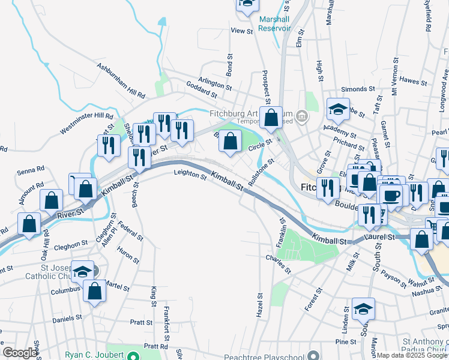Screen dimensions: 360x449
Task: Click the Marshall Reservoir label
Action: pos(274,23)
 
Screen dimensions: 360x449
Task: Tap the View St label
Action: pos(242,31)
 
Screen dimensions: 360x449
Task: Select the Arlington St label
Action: pos(215,85)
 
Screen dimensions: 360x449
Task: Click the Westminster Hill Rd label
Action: pos(86,123)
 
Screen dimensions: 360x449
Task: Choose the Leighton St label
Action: pos(190,175)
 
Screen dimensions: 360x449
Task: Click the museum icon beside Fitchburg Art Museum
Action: pos(302,116)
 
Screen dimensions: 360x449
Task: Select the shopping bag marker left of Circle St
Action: pos(231,142)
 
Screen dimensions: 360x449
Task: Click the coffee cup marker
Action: pos(391,195)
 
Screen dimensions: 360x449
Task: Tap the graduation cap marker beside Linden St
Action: pos(363,309)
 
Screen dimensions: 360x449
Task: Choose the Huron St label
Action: pos(128,256)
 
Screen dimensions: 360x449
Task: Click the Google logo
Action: pos(20,353)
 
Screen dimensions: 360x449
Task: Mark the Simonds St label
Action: pos(354,89)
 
